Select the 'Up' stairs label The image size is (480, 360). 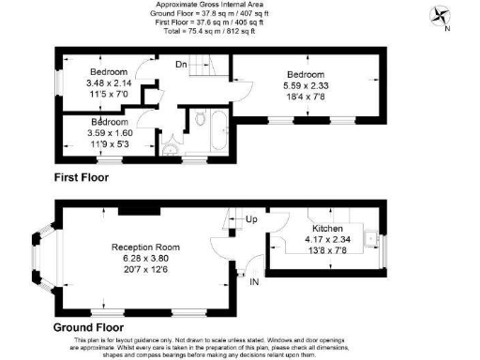point(251,220)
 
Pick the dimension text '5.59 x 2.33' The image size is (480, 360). point(306,85)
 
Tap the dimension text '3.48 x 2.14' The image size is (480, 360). point(107,82)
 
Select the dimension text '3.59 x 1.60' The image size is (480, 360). point(110,133)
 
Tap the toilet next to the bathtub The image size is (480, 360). point(200,119)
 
